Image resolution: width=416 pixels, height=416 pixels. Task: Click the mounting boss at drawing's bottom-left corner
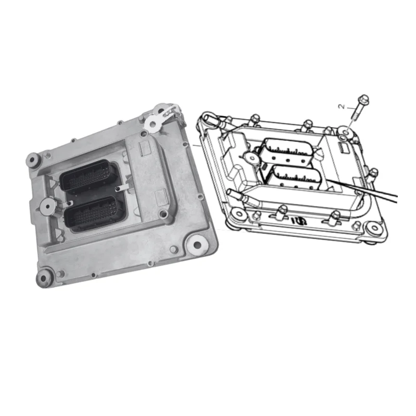(x=237, y=213)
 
